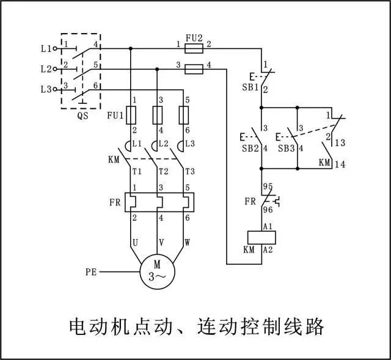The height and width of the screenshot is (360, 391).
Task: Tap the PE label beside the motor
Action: pos(91,270)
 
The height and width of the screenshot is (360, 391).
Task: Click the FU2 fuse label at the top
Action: pos(193,36)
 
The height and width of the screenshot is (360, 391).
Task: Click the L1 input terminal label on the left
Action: pos(46,48)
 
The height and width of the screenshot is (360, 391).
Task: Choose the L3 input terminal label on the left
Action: pos(46,89)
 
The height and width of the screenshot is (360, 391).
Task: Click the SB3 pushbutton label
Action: pos(286,149)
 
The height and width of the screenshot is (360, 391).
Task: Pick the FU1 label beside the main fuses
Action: pos(115,115)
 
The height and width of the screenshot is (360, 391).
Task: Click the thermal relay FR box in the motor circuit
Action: pos(159,202)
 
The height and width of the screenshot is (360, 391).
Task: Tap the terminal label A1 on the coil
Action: pos(268,227)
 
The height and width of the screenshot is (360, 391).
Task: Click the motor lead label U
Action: pos(134,243)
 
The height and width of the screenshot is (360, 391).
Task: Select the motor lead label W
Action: pos(186,243)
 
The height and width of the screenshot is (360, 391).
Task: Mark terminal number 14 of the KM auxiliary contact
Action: pos(340,164)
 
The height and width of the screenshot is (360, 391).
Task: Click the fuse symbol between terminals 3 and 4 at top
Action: pos(193,67)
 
